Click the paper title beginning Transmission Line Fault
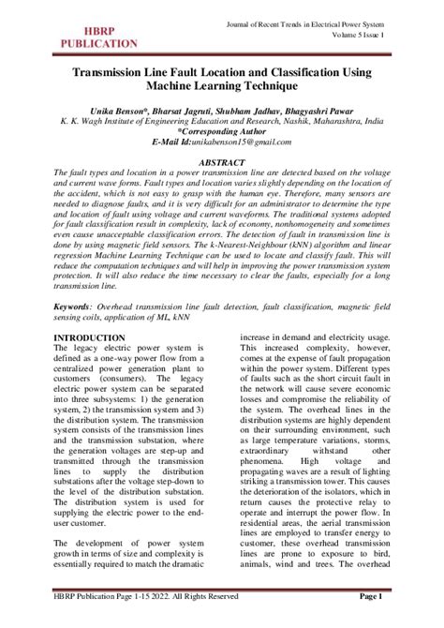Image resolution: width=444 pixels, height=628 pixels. coord(222,72)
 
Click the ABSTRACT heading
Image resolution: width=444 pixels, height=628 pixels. coord(222,161)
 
